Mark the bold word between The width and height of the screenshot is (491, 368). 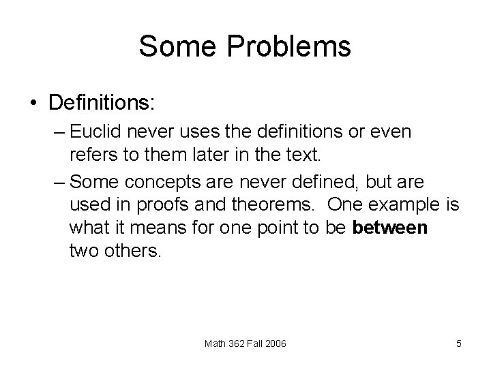[390, 228]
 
